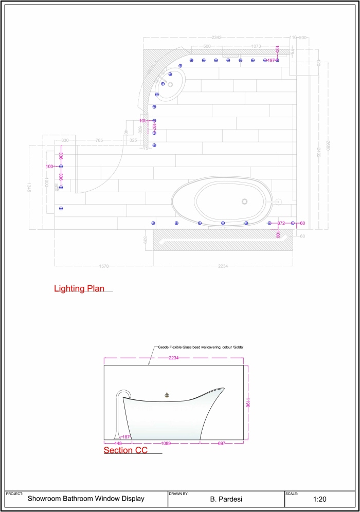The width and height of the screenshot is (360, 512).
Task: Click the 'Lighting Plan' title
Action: pyautogui.click(x=79, y=289)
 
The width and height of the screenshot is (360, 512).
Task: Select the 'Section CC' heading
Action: pyautogui.click(x=125, y=451)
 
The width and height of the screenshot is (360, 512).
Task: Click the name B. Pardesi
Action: pyautogui.click(x=226, y=499)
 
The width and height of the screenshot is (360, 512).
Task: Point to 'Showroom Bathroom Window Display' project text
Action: pyautogui.click(x=86, y=498)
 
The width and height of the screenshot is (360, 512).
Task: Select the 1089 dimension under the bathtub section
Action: pyautogui.click(x=166, y=443)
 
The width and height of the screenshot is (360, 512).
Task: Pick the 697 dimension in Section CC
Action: pyautogui.click(x=221, y=443)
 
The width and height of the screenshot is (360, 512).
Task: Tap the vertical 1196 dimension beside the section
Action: pyautogui.click(x=248, y=401)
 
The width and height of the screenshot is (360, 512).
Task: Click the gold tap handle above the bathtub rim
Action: pyautogui.click(x=166, y=395)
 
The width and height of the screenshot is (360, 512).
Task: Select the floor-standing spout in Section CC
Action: pyautogui.click(x=120, y=411)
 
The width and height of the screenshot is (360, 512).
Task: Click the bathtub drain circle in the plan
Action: pyautogui.click(x=244, y=201)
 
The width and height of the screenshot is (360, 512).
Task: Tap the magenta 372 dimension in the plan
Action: pyautogui.click(x=281, y=223)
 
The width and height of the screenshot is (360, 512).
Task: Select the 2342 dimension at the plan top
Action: pyautogui.click(x=217, y=38)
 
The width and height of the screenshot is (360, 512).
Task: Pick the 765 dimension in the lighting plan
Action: pyautogui.click(x=99, y=140)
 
